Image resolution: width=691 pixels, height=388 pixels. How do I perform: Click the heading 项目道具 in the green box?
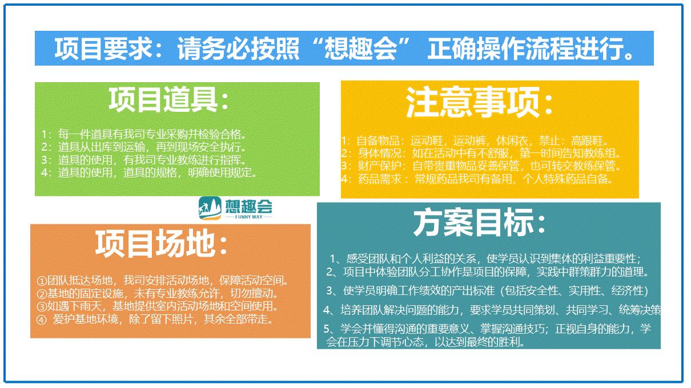point(163,99)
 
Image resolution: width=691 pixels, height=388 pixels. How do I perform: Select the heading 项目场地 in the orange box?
point(156,244)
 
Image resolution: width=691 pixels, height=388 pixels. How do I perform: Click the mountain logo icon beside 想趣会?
point(210,208)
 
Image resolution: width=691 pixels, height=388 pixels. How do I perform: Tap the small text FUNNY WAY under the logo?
point(248,217)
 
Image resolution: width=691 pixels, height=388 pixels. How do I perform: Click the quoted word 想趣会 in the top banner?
point(360,48)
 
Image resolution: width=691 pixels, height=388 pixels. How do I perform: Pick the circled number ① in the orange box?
point(42,281)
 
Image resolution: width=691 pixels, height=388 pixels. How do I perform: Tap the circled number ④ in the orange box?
point(42,320)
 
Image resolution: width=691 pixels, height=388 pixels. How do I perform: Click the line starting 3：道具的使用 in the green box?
point(144,160)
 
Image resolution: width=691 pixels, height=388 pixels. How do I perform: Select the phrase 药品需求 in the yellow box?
point(380,179)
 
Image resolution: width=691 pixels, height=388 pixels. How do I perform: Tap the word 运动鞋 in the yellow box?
point(427,141)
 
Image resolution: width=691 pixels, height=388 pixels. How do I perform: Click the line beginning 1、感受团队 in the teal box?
point(485,258)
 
